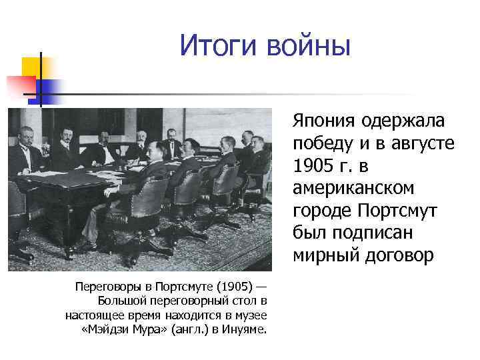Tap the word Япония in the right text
point(323,121)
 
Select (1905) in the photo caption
point(235,287)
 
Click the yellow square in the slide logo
point(31,67)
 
